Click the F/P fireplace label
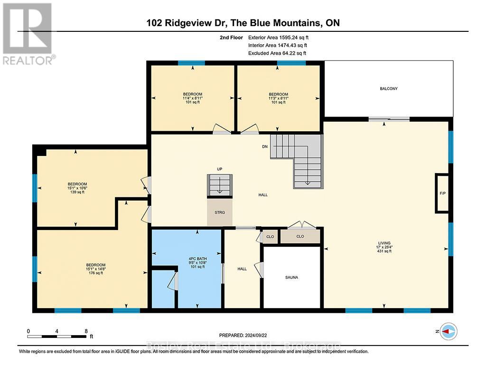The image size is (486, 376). pyautogui.click(x=442, y=193)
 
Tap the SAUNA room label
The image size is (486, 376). pyautogui.click(x=291, y=277)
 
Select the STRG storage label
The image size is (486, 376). pyautogui.click(x=220, y=212)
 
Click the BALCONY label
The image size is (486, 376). pyautogui.click(x=388, y=89)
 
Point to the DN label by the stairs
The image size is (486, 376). pyautogui.click(x=265, y=146)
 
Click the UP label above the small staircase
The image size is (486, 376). pyautogui.click(x=220, y=169)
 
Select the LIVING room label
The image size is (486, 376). pyautogui.click(x=384, y=242)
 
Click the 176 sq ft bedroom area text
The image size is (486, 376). pyautogui.click(x=95, y=273)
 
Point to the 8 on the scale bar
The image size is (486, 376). pyautogui.click(x=85, y=331)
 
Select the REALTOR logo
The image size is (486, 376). pyautogui.click(x=28, y=33)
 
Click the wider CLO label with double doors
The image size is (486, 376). pyautogui.click(x=300, y=236)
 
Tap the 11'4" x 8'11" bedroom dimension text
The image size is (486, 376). pyautogui.click(x=193, y=98)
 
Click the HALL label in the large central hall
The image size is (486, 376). pyautogui.click(x=263, y=194)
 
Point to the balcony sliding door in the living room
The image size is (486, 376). pyautogui.click(x=389, y=119)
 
